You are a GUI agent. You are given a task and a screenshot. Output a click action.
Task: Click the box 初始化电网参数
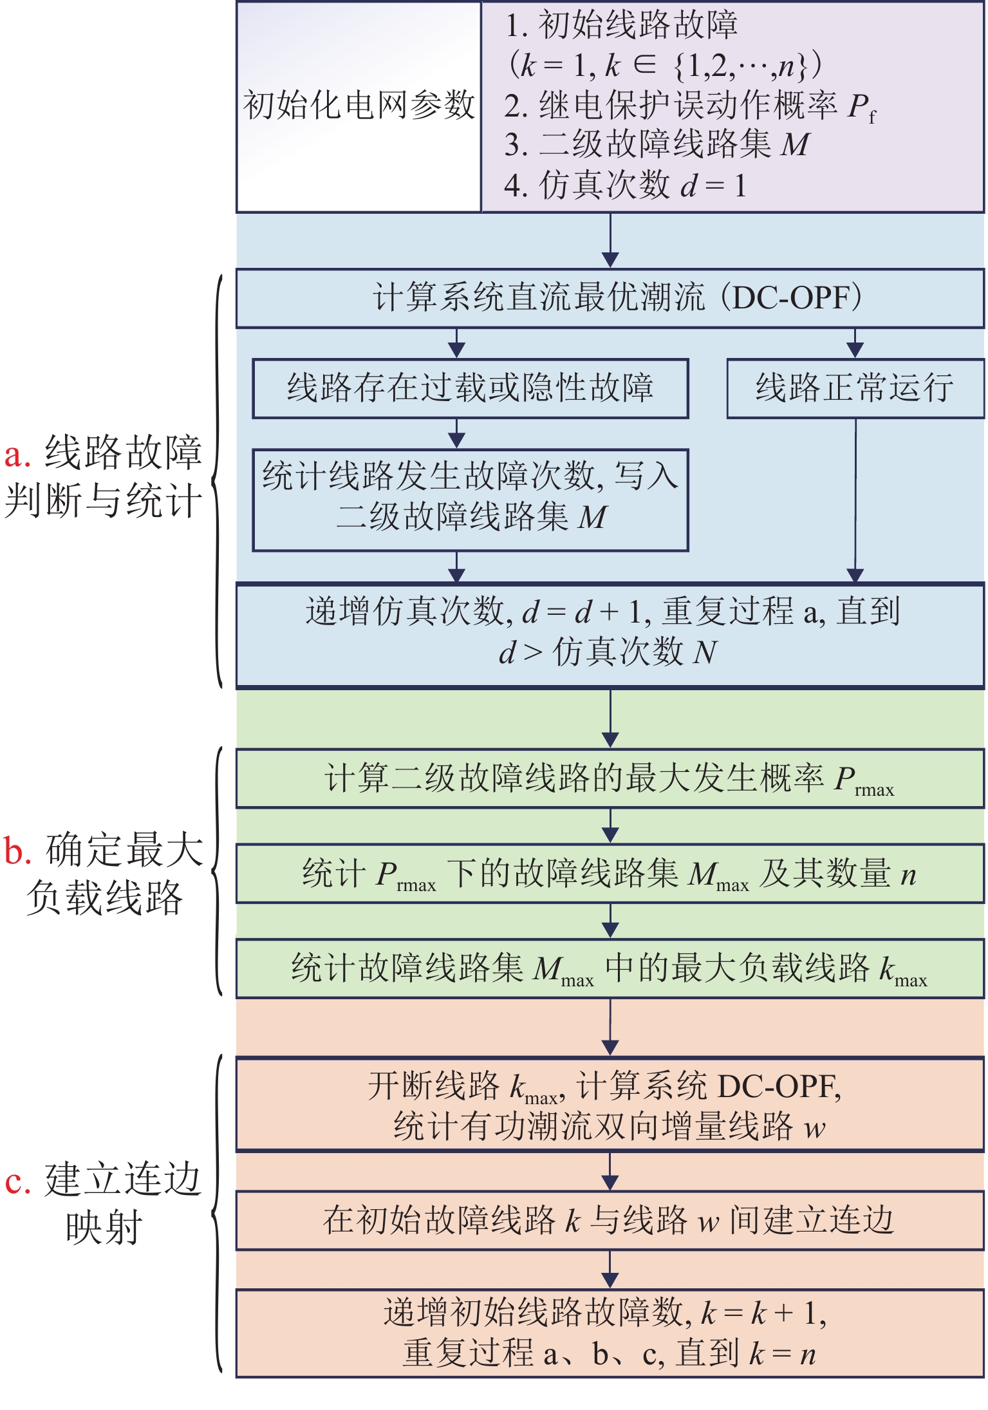359,106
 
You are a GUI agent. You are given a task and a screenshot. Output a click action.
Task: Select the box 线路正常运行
855,388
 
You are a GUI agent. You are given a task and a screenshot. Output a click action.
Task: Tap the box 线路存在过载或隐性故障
470,388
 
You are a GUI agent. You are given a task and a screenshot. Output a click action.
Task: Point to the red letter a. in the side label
17,455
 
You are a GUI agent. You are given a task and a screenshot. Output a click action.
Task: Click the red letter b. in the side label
17,851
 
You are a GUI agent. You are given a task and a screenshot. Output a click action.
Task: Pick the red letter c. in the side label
17,1181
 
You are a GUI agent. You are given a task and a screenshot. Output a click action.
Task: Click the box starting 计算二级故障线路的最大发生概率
610,778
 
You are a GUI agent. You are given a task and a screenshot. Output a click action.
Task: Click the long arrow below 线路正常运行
855,499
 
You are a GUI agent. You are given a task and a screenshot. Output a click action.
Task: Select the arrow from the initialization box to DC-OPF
610,240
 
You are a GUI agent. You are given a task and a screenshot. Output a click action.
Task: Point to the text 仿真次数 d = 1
640,185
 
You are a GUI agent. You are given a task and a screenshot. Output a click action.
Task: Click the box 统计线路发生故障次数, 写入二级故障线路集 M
470,500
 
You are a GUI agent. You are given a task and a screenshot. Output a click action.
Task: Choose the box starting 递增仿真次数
610,635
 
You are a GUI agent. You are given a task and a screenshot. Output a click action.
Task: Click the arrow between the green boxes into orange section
610,1027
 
